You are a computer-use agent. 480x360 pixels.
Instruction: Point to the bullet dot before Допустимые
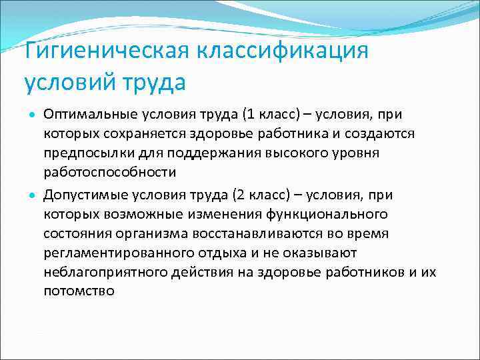tap(31, 196)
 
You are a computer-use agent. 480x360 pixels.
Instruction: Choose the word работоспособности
tap(110, 172)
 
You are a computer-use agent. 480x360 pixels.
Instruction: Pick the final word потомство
tap(79, 291)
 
